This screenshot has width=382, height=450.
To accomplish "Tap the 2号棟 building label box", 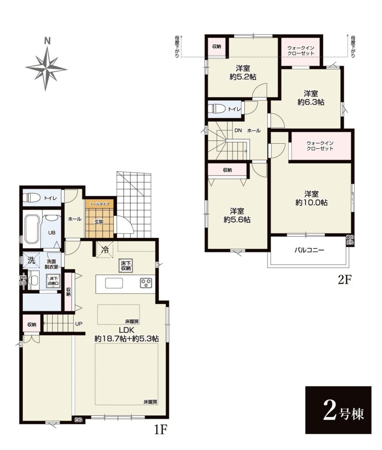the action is (338, 410).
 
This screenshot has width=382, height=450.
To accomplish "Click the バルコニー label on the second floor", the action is (309, 250).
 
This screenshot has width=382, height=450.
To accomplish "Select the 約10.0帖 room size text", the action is (311, 202).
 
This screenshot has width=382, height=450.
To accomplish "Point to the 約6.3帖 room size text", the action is (311, 102).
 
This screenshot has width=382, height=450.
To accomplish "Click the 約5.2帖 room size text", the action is (243, 77).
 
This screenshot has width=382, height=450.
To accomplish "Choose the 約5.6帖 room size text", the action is (237, 220).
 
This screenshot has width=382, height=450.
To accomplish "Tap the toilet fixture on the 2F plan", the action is (217, 109).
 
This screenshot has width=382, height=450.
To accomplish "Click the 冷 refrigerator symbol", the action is (106, 250).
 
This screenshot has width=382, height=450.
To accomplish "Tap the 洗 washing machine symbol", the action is (31, 260).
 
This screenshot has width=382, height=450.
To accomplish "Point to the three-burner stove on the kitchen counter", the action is (146, 283).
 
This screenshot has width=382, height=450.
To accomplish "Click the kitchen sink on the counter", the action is (114, 283).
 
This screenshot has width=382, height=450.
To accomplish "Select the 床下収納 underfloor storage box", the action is (126, 266).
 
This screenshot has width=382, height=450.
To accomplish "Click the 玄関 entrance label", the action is (99, 221).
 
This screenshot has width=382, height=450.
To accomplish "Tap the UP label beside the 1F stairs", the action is (79, 324).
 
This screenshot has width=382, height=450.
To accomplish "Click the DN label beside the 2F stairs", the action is (238, 130).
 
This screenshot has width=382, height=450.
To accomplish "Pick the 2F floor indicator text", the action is (344, 279).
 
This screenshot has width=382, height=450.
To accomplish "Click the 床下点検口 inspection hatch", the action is (54, 281).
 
